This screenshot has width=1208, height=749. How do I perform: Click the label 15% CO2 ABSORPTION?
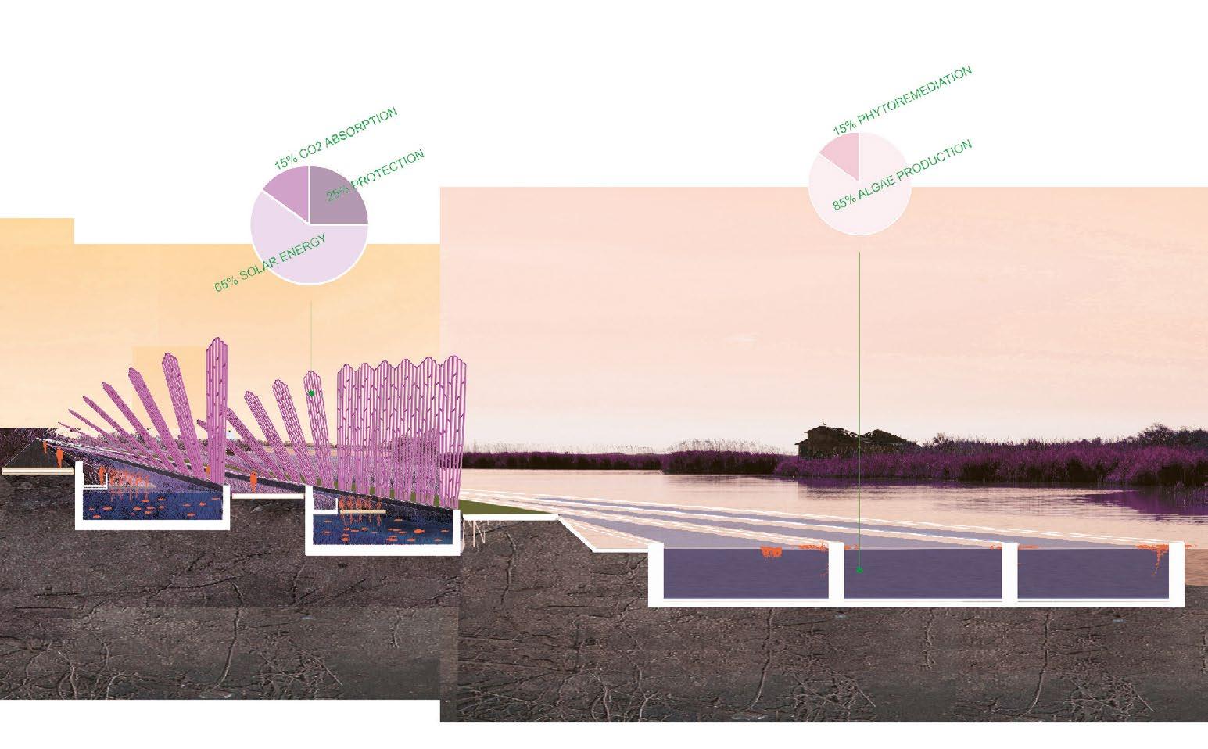coord(335,138)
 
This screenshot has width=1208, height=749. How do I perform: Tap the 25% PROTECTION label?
coord(375,175)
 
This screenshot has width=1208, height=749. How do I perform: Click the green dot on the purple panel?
coord(311,393)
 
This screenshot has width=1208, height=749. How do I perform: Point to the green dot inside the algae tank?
coord(859,571)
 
